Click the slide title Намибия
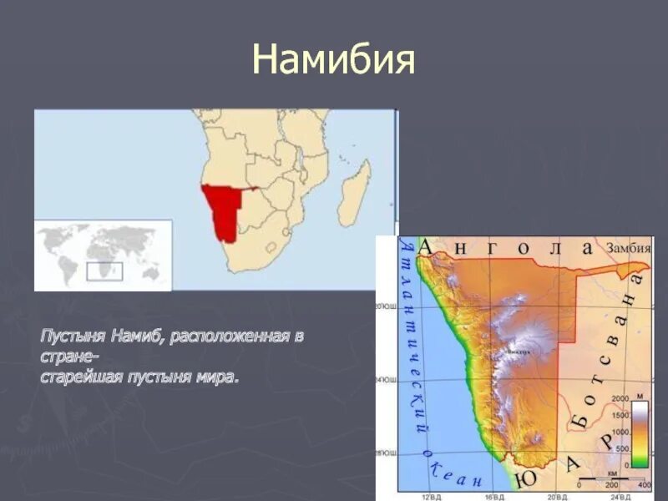pos(334,60)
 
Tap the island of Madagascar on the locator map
pos(355,193)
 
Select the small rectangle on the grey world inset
pos(104,271)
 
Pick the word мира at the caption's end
pos(220,378)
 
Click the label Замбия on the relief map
pos(627,247)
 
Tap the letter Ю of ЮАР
pos(525,478)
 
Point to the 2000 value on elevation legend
pos(619,399)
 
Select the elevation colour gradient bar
pos(640,433)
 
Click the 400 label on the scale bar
pos(643,484)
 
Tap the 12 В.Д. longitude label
pos(430,497)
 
